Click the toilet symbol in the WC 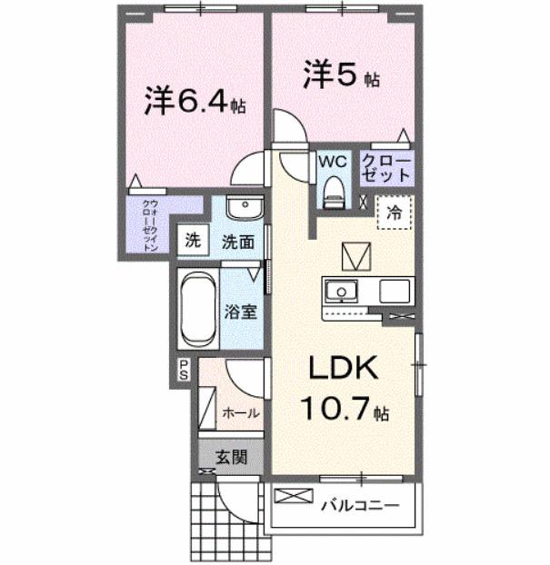pos(333,190)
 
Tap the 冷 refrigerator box pos(394,214)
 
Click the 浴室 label pos(240,312)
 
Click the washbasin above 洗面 pos(243,210)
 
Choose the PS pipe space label pos(183,369)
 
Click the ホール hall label pos(241,412)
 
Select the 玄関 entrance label pos(231,456)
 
